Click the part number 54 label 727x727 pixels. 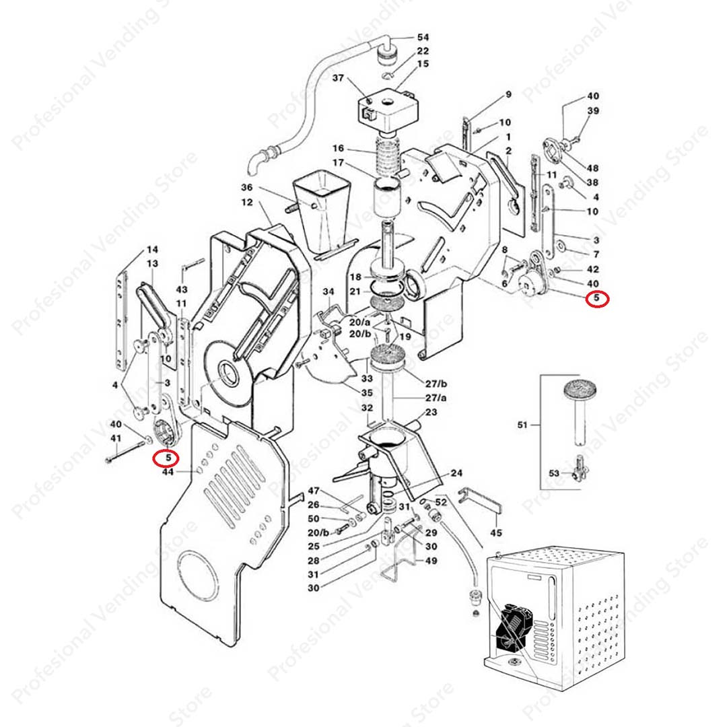[x=423, y=37]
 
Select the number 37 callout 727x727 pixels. [x=338, y=78]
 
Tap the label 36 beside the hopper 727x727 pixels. [x=246, y=187]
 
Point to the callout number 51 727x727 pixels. [x=522, y=424]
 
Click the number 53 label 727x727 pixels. [x=554, y=473]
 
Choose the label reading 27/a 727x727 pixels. [x=436, y=398]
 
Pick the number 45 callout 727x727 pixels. [x=496, y=532]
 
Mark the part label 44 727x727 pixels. [x=168, y=471]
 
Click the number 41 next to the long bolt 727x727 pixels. [x=116, y=438]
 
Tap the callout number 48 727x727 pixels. [x=592, y=168]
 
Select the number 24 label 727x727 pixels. [x=456, y=473]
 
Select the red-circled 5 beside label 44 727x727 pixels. [x=168, y=458]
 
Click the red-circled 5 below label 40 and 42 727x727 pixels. [x=596, y=299]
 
